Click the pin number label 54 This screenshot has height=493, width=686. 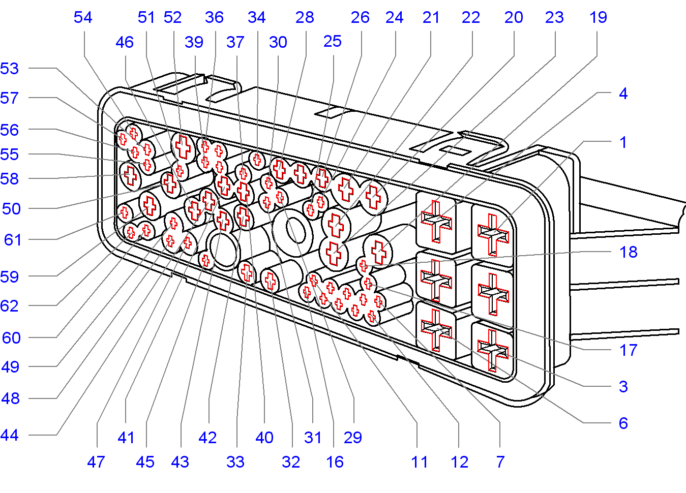[x=83, y=17]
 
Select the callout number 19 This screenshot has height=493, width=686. [x=598, y=17]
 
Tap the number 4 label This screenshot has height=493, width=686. [x=623, y=94]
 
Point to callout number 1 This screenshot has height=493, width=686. [x=623, y=142]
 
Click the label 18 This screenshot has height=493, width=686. [x=629, y=252]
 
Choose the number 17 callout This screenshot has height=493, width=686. [x=629, y=350]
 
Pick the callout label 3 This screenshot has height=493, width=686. [x=623, y=387]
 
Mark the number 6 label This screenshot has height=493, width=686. [x=623, y=423]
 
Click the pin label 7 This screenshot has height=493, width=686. [x=500, y=462]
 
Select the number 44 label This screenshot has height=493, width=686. [x=10, y=435]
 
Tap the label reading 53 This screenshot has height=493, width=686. [x=10, y=69]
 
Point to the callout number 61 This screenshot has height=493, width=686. [x=13, y=240]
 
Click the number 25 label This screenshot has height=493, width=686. [x=333, y=42]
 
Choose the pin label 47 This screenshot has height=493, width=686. [x=96, y=462]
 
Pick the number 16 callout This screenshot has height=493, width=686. [x=335, y=462]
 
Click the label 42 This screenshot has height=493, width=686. [x=207, y=438]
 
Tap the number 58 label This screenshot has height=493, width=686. [x=10, y=179]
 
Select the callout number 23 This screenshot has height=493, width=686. [x=554, y=17]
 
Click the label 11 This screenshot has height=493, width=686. [x=420, y=462]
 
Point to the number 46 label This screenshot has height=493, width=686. [x=125, y=42]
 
